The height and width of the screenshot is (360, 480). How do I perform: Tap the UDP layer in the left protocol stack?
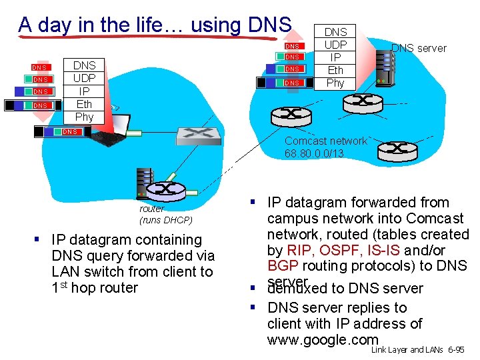[84, 78]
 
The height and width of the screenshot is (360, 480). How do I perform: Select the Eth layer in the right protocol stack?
[335, 70]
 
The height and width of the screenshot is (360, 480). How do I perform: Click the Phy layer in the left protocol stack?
[84, 117]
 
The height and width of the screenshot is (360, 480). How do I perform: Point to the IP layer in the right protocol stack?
[335, 57]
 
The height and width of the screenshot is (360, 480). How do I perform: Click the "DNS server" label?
[419, 48]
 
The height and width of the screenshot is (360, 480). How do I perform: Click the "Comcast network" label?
[325, 141]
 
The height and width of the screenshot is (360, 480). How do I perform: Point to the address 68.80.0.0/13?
[314, 153]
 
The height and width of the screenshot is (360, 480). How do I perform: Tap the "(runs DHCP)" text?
[165, 220]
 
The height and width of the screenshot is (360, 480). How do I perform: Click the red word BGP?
[283, 267]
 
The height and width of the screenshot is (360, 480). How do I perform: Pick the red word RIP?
[298, 251]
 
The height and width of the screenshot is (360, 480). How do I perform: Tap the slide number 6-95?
[456, 349]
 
